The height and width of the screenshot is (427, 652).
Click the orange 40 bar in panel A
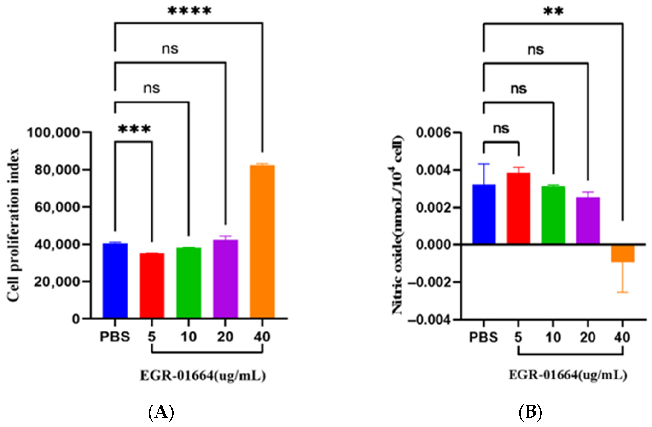point(262,241)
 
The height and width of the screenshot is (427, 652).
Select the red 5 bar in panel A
point(152,285)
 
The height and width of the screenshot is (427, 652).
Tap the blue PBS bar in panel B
point(484,214)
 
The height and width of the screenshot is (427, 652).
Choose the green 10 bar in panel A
point(188,283)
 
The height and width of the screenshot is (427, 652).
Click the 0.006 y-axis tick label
point(433,133)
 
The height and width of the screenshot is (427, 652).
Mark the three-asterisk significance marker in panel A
point(134,129)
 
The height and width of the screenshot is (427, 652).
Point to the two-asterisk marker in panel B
point(553,12)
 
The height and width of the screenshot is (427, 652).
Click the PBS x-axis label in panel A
point(115,337)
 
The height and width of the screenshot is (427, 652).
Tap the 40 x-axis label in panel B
point(622,337)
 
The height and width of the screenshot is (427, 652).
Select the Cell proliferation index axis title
point(13,225)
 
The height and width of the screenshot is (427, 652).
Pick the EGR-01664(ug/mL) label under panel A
point(203,376)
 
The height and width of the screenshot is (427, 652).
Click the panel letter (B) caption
point(530,412)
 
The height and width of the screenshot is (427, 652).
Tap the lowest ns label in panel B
point(501,128)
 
